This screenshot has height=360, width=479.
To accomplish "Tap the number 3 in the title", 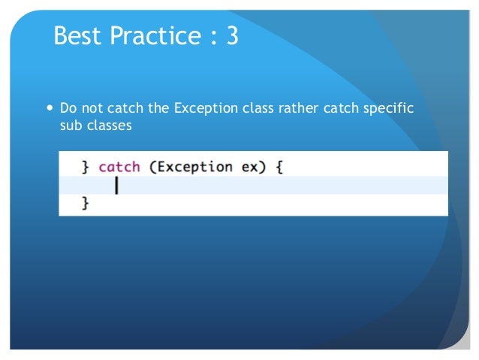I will pos(231,36).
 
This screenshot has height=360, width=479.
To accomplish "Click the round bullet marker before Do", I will pos(50,108).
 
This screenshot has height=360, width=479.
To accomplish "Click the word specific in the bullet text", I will pos(389,108).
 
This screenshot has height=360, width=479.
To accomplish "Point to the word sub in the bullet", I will pos(70,126).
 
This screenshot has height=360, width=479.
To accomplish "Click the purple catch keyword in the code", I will pos(119,166).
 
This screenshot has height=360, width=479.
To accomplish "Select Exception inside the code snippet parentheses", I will pos(194,166).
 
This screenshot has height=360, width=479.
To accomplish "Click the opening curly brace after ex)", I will pos(279,166).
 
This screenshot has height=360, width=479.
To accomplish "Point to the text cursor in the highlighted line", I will pos(116,185).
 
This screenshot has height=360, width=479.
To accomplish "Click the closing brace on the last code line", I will pos(85,203).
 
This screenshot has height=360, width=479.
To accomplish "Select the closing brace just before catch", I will pos(85,166).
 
